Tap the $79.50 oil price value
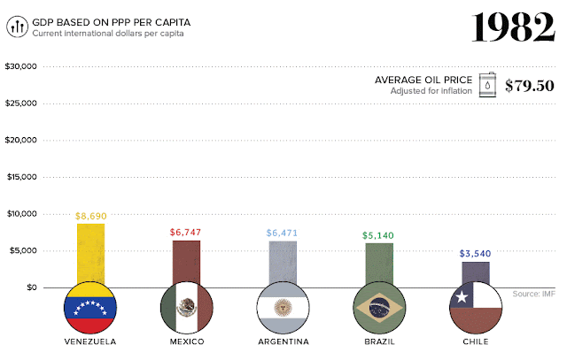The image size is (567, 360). pyautogui.click(x=530, y=86)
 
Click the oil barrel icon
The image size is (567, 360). pyautogui.click(x=488, y=85)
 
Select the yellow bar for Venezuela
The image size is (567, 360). pyautogui.click(x=90, y=252)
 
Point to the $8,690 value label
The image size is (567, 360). pyautogui.click(x=91, y=215)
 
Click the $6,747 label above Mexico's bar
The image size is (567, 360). pyautogui.click(x=186, y=232)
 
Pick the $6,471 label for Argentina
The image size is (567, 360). pyautogui.click(x=283, y=233)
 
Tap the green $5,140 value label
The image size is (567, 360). pyautogui.click(x=378, y=235)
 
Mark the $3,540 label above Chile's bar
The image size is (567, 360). pyautogui.click(x=475, y=254)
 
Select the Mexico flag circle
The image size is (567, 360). pyautogui.click(x=186, y=307)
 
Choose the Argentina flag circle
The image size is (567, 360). pyautogui.click(x=283, y=307)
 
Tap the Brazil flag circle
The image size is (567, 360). pyautogui.click(x=379, y=307)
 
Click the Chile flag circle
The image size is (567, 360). pyautogui.click(x=476, y=307)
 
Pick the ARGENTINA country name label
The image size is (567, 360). pyautogui.click(x=283, y=341)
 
